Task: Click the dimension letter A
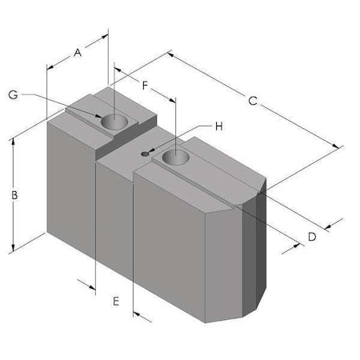coord(78,53)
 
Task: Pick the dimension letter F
coord(145,85)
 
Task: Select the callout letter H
coord(218,126)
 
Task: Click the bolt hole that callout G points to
coord(114,122)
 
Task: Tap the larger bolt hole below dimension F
coord(175,158)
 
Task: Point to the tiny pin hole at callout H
coord(145,154)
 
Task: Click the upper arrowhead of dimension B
coord(14,142)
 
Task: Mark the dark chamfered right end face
coord(254,256)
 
